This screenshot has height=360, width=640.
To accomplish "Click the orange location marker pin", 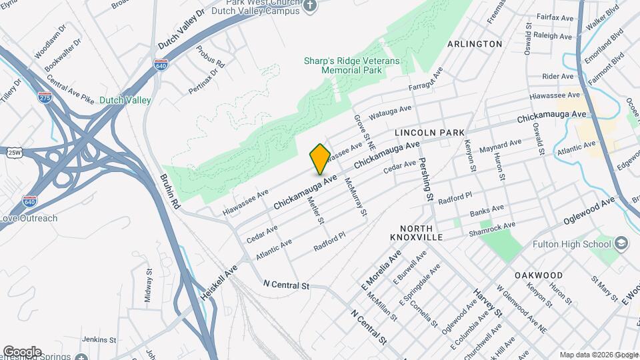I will (x=320, y=159).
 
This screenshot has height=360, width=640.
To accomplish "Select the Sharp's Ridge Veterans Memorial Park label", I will (x=351, y=65).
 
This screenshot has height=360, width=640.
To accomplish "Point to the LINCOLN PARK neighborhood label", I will (x=429, y=133).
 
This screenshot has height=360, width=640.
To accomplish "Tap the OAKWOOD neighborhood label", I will (x=539, y=275).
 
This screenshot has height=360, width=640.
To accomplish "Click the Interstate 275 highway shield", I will (x=45, y=97).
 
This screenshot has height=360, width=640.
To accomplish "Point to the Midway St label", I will (x=149, y=286).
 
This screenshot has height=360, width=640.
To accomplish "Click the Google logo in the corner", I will (x=22, y=351).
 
